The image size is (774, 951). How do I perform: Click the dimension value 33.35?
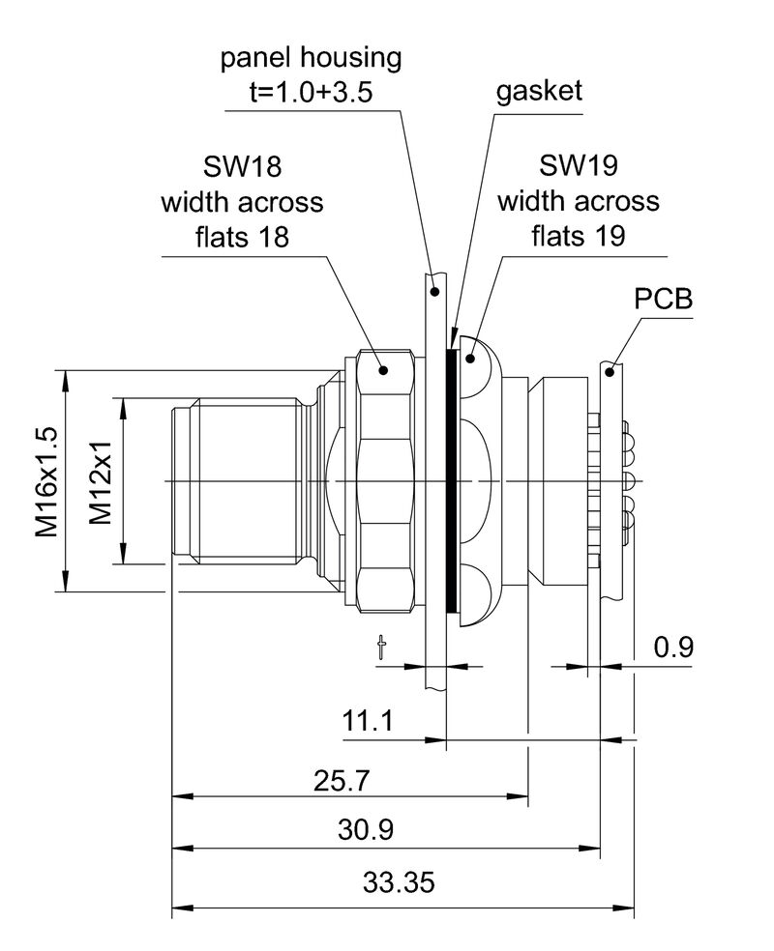tap(400, 881)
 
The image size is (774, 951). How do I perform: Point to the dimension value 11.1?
tap(367, 721)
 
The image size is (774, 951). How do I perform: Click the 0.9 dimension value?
tap(673, 647)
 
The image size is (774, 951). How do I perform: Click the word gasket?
tap(539, 91)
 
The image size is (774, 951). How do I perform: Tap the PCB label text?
tap(664, 299)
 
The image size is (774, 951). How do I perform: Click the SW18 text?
tap(242, 166)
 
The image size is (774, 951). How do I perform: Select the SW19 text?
tap(578, 166)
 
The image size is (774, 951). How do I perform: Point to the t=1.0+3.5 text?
tap(311, 92)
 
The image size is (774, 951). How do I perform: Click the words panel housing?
tap(311, 58)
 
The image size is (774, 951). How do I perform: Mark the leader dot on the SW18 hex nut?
tap(384, 369)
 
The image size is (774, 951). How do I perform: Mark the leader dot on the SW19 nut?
tap(471, 359)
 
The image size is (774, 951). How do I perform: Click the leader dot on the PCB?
tap(610, 369)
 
